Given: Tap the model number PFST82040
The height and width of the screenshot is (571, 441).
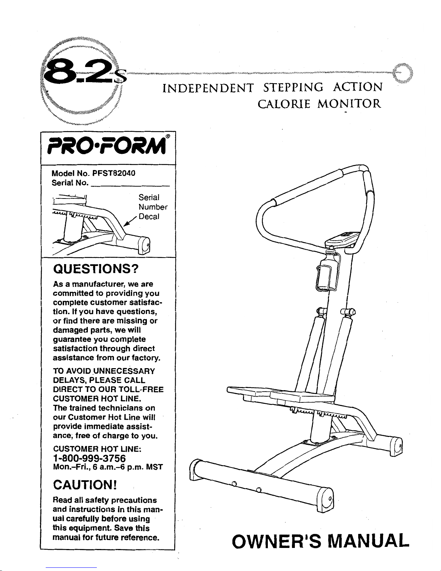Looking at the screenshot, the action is (x=114, y=173).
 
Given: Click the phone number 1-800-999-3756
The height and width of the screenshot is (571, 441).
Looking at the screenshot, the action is (x=89, y=458).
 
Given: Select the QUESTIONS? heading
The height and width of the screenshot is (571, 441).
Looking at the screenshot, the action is (x=95, y=269).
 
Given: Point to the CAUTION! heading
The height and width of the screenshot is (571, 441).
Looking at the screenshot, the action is (x=85, y=485).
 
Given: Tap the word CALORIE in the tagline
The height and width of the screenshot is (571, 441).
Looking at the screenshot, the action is (x=284, y=104).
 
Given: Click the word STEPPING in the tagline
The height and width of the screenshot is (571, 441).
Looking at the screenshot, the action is (x=293, y=88).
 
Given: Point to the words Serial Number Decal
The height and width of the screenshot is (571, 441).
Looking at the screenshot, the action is (x=153, y=207).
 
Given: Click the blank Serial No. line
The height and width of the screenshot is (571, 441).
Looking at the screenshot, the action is (x=130, y=186).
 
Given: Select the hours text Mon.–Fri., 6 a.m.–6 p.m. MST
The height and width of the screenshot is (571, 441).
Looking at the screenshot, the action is (x=108, y=467).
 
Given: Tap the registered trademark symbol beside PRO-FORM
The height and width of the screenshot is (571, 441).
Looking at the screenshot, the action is (x=168, y=136).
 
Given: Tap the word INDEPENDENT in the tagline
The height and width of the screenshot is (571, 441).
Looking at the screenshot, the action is (x=208, y=88).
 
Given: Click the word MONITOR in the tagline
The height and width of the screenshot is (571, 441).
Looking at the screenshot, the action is (x=349, y=104).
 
